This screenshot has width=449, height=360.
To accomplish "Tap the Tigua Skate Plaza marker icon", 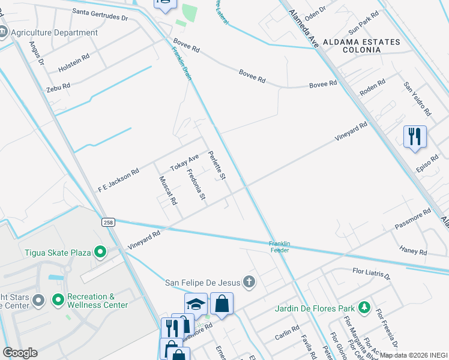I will pyautogui.click(x=100, y=252).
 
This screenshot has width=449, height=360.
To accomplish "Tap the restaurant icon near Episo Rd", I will pyautogui.click(x=415, y=137).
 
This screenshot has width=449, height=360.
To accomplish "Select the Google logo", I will pyautogui.click(x=20, y=353).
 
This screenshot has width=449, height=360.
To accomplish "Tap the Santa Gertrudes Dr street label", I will pyautogui.click(x=100, y=14).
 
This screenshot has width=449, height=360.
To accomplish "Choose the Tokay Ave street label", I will pyautogui.click(x=184, y=162).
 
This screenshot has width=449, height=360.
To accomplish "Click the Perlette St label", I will pyautogui.click(x=216, y=166).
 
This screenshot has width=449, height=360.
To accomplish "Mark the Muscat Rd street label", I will pyautogui.click(x=168, y=191).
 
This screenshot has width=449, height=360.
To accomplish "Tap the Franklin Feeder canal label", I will pyautogui.click(x=280, y=247).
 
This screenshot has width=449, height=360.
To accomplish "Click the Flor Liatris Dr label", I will pyautogui.click(x=371, y=274).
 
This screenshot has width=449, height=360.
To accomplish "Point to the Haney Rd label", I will pyautogui.click(x=413, y=248).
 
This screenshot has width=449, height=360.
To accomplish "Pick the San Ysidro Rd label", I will pyautogui.click(x=417, y=100).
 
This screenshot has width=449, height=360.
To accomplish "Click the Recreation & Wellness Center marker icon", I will pyautogui.click(x=58, y=299).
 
